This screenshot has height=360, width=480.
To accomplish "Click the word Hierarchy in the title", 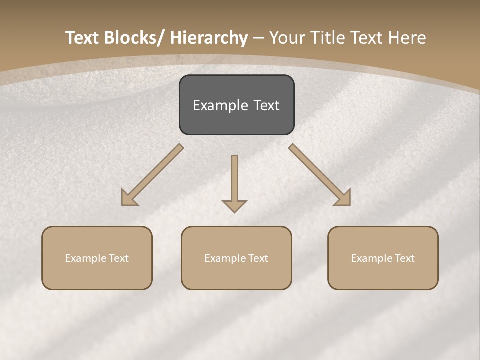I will (209, 38).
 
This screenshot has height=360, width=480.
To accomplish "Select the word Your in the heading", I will (289, 38).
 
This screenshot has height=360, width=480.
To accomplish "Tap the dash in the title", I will (258, 38).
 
